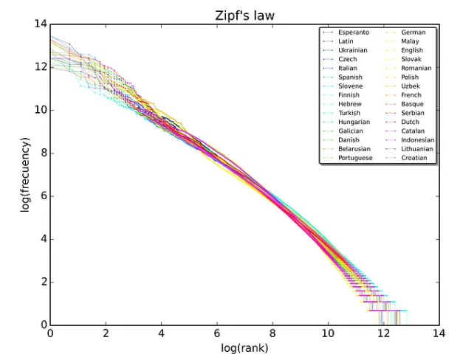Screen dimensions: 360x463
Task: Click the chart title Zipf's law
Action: click(x=244, y=14)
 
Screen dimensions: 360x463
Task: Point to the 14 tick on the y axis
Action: click(x=40, y=25)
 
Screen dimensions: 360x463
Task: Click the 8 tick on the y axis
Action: click(x=42, y=153)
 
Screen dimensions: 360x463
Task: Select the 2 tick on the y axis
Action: click(x=42, y=282)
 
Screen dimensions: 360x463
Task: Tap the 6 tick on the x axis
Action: click(x=217, y=333)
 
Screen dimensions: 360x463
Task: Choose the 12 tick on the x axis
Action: click(x=383, y=333)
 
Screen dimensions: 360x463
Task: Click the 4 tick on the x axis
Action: click(x=161, y=333)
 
